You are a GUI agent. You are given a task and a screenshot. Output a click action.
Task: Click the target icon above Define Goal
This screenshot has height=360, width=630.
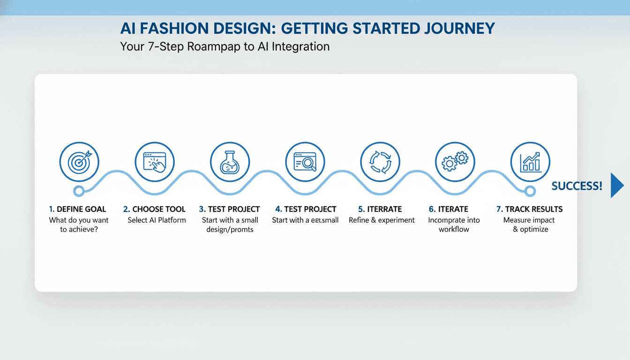[79, 162]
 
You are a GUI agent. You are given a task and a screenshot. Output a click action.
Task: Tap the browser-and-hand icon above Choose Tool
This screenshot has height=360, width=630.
[154, 162]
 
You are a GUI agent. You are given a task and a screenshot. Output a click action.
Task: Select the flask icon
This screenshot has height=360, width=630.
[230, 162]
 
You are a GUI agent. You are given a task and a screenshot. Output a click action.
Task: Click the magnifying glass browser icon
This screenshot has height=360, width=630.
[305, 162]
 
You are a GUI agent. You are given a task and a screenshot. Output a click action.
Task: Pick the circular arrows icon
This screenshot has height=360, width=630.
[380, 162]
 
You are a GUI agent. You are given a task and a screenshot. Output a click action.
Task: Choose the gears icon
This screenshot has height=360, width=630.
[455, 162]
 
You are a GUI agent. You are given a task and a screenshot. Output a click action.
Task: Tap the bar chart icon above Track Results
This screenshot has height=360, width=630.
[530, 162]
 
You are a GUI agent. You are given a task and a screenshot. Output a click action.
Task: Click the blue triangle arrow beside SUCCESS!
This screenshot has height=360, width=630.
[617, 186]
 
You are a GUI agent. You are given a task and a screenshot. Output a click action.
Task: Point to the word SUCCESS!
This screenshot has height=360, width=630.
[577, 186]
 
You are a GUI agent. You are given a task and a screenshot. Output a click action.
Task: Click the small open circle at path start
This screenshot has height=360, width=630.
[79, 191]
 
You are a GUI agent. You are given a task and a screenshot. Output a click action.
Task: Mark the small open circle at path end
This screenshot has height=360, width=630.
[530, 191]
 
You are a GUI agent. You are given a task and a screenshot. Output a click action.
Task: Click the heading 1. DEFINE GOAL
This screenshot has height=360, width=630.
[77, 209]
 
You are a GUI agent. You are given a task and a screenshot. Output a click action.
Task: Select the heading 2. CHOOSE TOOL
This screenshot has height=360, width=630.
[154, 209]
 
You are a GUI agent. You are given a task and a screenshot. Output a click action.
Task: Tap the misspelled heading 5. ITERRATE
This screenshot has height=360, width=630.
[380, 209]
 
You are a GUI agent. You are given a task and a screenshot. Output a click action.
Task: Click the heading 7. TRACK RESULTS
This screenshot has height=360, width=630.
[530, 209]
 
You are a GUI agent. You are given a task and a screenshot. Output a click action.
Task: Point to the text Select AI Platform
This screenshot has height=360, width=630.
[157, 220]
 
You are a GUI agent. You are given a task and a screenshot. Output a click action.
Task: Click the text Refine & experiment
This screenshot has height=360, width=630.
[382, 220]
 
